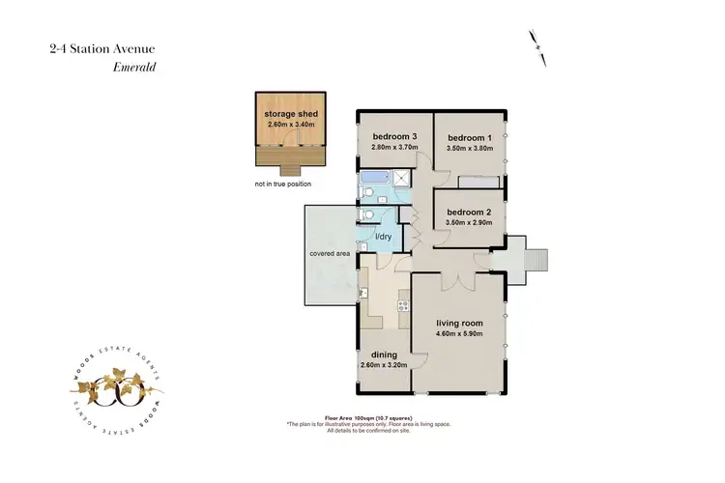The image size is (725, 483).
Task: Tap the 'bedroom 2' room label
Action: click(x=470, y=212)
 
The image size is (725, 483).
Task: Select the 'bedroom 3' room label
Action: click(x=394, y=137)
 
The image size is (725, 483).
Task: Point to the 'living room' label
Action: click(x=459, y=324)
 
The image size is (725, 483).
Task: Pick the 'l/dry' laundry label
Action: click(x=383, y=237)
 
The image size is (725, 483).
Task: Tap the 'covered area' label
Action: click(x=330, y=253)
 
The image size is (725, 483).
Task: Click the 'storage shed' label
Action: click(x=291, y=113)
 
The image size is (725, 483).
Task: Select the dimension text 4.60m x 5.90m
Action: click(x=459, y=335)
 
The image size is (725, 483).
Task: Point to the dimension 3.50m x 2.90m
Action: click(x=470, y=222)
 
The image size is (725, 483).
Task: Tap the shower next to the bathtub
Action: click(x=398, y=179)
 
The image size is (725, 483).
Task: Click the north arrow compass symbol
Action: click(x=537, y=46)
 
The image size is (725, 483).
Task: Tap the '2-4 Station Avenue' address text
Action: click(x=100, y=47)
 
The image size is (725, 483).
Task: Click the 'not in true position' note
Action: click(x=288, y=183)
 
